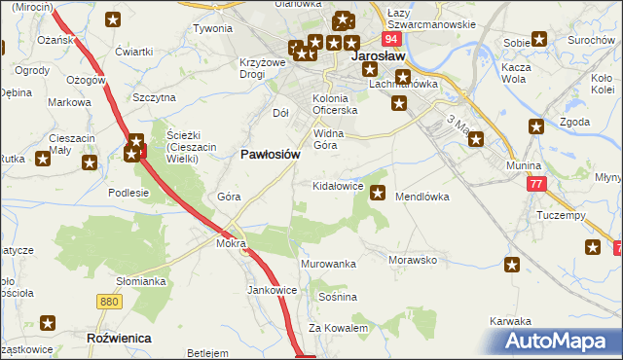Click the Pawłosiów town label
tap(269, 154)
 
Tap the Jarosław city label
tap(377, 57)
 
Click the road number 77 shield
tap(534, 184)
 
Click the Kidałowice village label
tap(338, 185)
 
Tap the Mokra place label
tap(231, 244)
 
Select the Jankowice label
tap(272, 289)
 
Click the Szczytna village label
tap(154, 97)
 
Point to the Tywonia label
tap(212, 29)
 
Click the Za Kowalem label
tap(339, 328)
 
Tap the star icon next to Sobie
tap(539, 40)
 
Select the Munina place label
tap(524, 166)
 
